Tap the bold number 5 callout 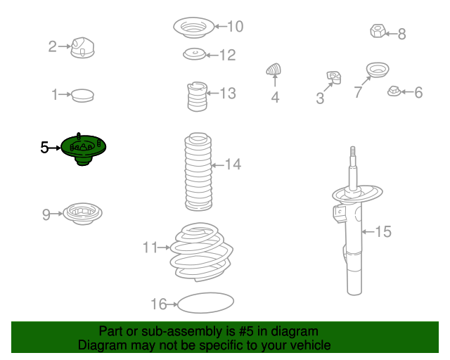[x=44, y=148]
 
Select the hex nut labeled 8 [x=378, y=31]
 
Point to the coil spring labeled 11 [x=202, y=252]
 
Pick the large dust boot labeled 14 [x=198, y=172]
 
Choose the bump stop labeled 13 [x=197, y=97]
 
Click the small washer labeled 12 [x=194, y=54]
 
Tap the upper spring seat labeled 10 [x=194, y=27]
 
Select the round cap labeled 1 [x=82, y=96]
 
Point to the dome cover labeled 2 [x=82, y=48]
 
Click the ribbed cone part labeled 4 [x=274, y=69]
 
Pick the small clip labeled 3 [x=334, y=77]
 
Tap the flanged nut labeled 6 [x=394, y=91]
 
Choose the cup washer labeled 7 [x=378, y=70]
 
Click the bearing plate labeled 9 [x=82, y=214]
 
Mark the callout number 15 [x=383, y=231]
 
